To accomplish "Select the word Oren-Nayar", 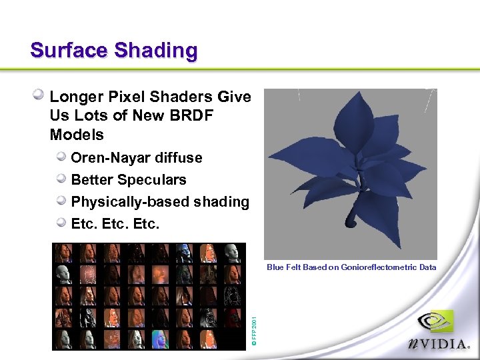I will [x=111, y=158].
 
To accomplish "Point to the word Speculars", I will [x=154, y=180].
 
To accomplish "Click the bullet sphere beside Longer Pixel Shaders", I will [x=40, y=95].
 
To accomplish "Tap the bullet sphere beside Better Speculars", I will [x=61, y=179].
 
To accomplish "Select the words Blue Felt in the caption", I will [x=283, y=267].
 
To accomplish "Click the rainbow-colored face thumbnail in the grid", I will [x=159, y=339].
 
